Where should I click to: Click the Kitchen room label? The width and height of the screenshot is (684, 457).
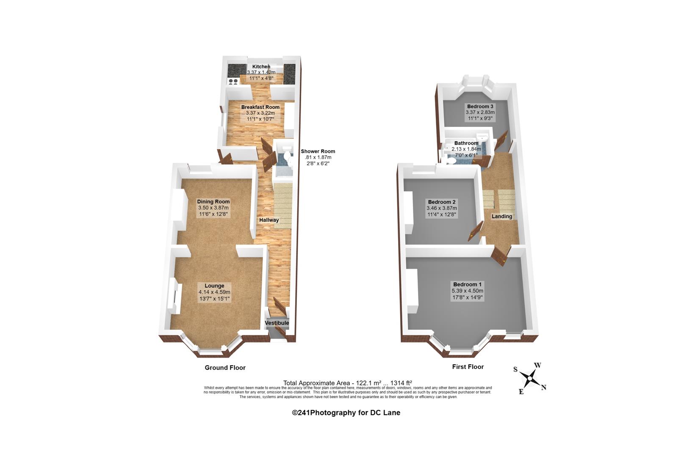pyautogui.click(x=261, y=66)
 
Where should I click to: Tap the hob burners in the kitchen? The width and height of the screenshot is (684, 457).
pyautogui.click(x=233, y=81)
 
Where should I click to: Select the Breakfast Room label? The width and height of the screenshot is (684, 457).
pyautogui.click(x=260, y=107)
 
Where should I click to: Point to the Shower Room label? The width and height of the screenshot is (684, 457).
pyautogui.click(x=318, y=151)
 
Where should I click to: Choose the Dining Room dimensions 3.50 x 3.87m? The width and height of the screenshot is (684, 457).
pyautogui.click(x=213, y=208)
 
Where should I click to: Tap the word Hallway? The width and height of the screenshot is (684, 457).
pyautogui.click(x=269, y=220)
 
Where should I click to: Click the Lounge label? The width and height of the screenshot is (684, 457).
pyautogui.click(x=214, y=286)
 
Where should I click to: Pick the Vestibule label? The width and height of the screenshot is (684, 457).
pyautogui.click(x=277, y=323)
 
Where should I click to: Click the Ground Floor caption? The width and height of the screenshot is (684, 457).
pyautogui.click(x=225, y=368)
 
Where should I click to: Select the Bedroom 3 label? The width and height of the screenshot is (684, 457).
pyautogui.click(x=480, y=107)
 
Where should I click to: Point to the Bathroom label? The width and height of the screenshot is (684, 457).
pyautogui.click(x=466, y=143)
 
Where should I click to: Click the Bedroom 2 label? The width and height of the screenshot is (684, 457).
pyautogui.click(x=442, y=202)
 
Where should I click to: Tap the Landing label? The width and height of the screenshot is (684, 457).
pyautogui.click(x=502, y=216)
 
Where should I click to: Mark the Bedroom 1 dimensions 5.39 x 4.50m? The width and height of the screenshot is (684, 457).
pyautogui.click(x=468, y=291)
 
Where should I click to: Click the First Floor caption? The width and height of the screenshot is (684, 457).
pyautogui.click(x=468, y=367)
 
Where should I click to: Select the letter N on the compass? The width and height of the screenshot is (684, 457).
pyautogui.click(x=543, y=388)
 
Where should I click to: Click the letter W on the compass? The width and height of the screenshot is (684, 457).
pyautogui.click(x=537, y=365)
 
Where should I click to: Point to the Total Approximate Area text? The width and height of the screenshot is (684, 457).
pyautogui.click(x=348, y=383)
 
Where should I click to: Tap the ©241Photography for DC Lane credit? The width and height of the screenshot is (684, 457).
pyautogui.click(x=346, y=413)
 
